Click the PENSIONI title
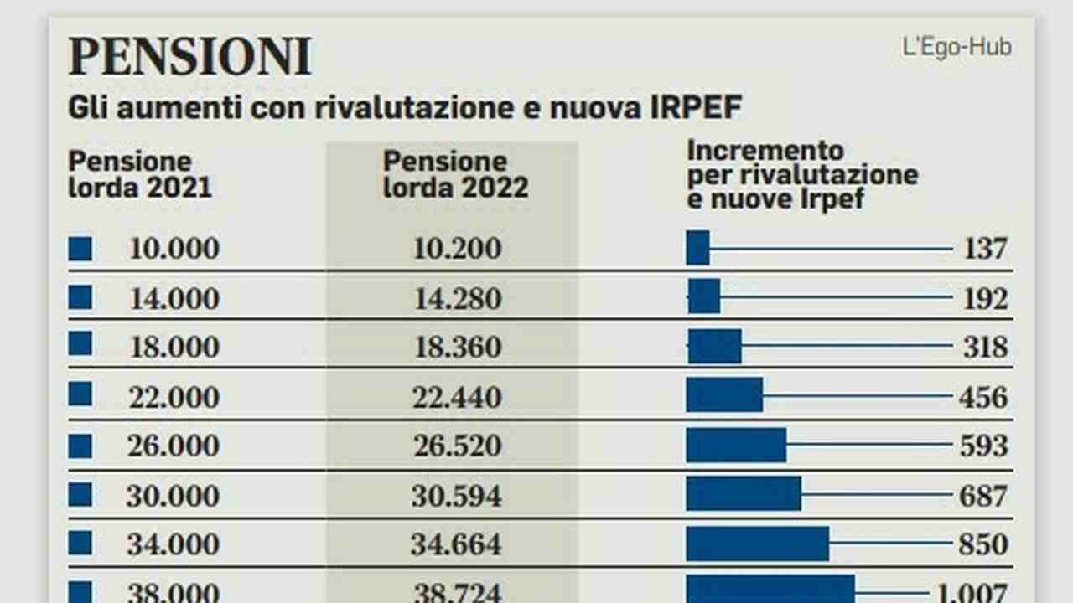pyautogui.click(x=189, y=57)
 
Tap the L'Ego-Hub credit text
pyautogui.click(x=956, y=47)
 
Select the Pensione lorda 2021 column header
pyautogui.click(x=140, y=174)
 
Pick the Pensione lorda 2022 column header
pyautogui.click(x=455, y=174)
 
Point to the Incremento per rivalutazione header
pyautogui.click(x=802, y=175)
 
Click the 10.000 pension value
pyautogui.click(x=174, y=249)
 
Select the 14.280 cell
pyautogui.click(x=457, y=298)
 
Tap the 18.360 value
pyautogui.click(x=457, y=347)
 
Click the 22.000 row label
pyautogui.click(x=174, y=396)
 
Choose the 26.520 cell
pyautogui.click(x=457, y=446)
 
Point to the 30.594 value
pyautogui.click(x=457, y=496)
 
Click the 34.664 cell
pyautogui.click(x=457, y=544)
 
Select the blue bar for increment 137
pyautogui.click(x=697, y=249)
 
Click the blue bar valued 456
pyautogui.click(x=724, y=395)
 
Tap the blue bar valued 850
pyautogui.click(x=757, y=544)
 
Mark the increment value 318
pyautogui.click(x=985, y=347)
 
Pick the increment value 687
pyautogui.click(x=983, y=496)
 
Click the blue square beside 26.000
pyautogui.click(x=80, y=446)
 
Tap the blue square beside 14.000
pyautogui.click(x=80, y=297)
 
